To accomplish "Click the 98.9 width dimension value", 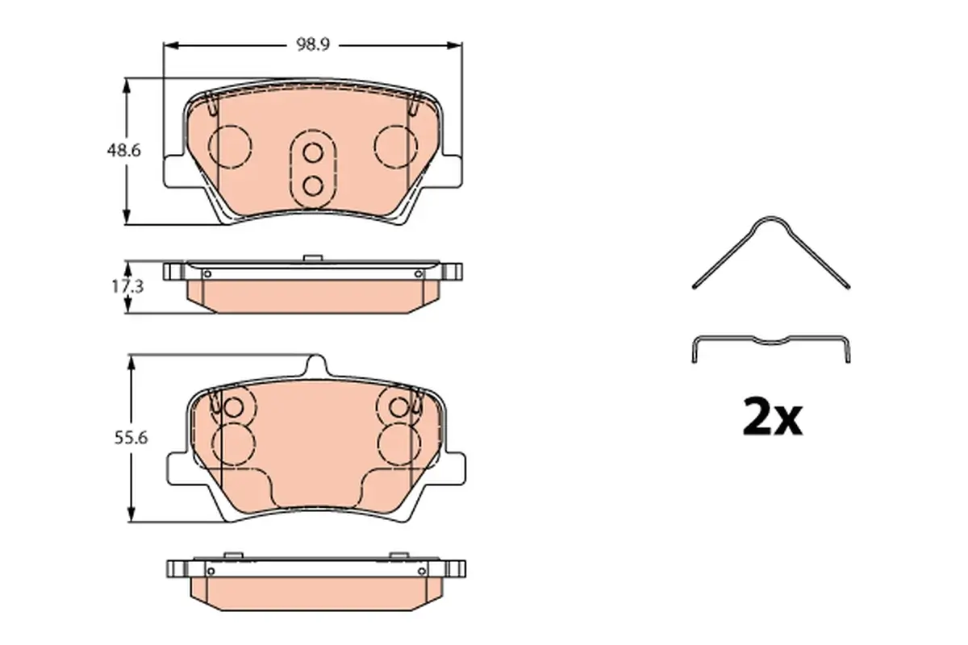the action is pyautogui.click(x=313, y=44).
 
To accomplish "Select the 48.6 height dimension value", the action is pyautogui.click(x=124, y=151).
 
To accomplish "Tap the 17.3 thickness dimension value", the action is pyautogui.click(x=127, y=286).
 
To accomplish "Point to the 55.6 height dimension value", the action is pyautogui.click(x=131, y=438).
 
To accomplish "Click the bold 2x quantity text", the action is pyautogui.click(x=772, y=418).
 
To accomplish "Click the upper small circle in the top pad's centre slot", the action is pyautogui.click(x=312, y=153).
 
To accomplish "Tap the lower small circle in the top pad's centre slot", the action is pyautogui.click(x=312, y=186).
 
